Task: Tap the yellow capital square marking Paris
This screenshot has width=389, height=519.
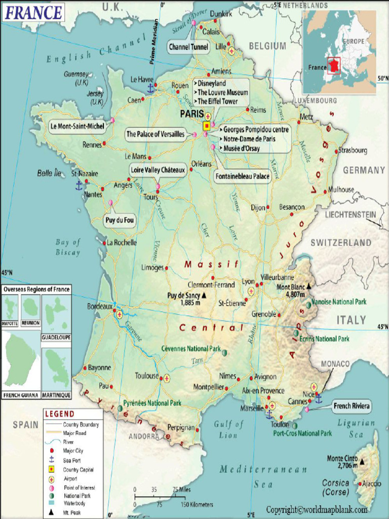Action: pos(206,126)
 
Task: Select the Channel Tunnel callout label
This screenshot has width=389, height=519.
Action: pos(188,47)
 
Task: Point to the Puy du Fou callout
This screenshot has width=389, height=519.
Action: pos(120,220)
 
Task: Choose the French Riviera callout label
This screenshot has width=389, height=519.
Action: pos(352,406)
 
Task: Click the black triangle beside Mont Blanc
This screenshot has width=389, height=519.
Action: pos(308,286)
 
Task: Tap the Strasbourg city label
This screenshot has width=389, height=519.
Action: pos(353,151)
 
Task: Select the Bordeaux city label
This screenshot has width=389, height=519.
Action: pos(99,306)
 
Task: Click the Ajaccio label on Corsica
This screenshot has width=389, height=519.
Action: pos(371,484)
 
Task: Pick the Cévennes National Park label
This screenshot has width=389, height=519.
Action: pos(191,349)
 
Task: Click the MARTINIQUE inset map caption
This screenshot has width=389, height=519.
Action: pos(56,395)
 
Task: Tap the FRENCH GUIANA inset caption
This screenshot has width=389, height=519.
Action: pos(20,395)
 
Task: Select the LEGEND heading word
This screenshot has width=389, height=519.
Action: pos(60,414)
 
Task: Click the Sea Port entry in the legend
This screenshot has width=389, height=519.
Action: pos(72,460)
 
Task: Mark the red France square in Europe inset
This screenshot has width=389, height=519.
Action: pos(333,66)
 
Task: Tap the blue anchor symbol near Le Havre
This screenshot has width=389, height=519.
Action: pos(150,88)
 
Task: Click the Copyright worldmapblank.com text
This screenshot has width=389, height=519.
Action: pos(317,509)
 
